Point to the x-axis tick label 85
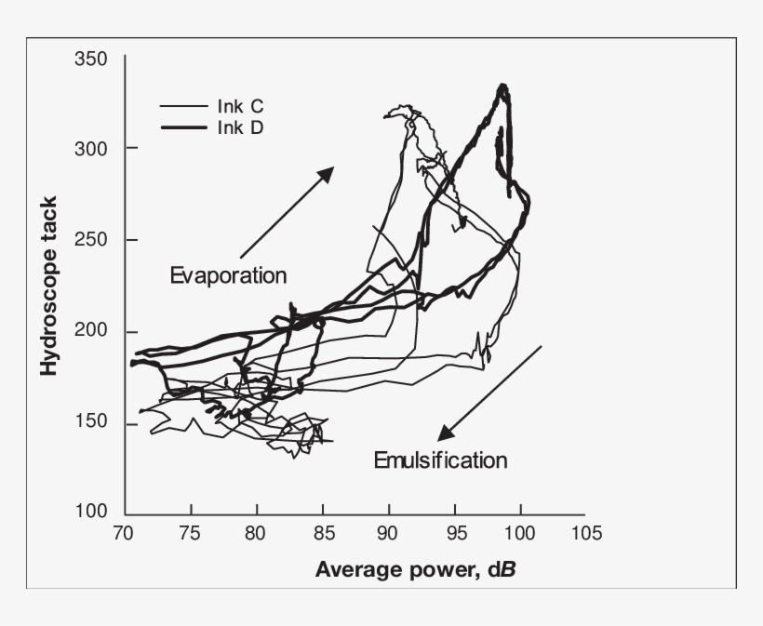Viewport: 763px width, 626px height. click(x=323, y=533)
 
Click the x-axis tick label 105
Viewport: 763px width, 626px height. click(x=585, y=533)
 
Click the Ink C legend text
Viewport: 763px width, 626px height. click(x=241, y=107)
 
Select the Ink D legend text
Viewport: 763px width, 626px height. click(x=241, y=127)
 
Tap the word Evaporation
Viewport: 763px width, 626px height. click(x=228, y=275)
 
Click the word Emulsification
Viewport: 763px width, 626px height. click(x=440, y=460)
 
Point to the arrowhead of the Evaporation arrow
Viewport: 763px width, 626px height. click(x=328, y=172)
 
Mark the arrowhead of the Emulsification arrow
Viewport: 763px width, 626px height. click(x=445, y=433)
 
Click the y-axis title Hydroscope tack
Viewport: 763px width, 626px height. click(x=48, y=285)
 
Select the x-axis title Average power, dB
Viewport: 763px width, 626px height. click(x=415, y=568)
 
